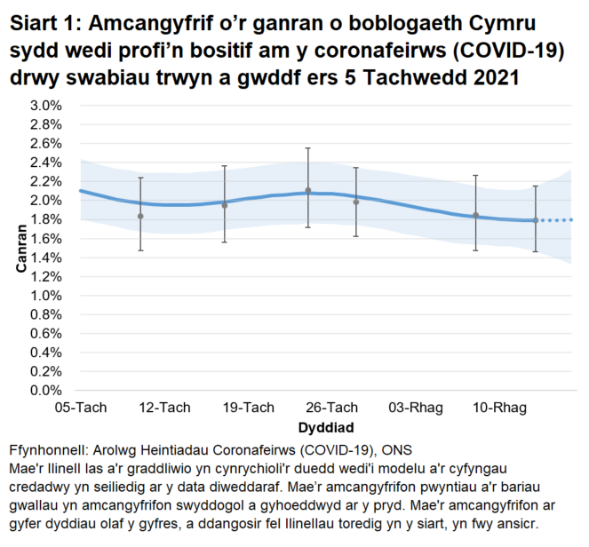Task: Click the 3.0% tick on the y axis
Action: click(47, 106)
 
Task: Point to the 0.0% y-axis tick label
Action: click(47, 390)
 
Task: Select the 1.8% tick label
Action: click(47, 219)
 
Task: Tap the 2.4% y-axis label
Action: click(47, 163)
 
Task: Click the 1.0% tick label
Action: click(47, 296)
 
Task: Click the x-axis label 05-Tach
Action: click(81, 408)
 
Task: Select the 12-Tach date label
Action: click(163, 408)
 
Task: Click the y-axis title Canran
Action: click(20, 247)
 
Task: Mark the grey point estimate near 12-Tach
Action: click(140, 216)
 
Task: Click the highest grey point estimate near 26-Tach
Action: click(308, 190)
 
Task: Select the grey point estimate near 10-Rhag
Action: click(475, 215)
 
